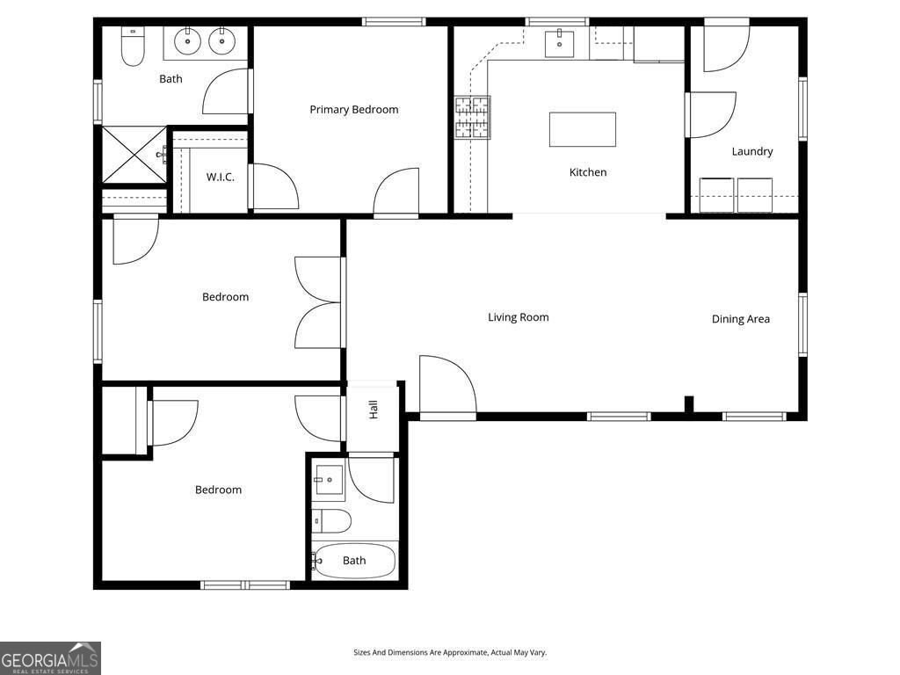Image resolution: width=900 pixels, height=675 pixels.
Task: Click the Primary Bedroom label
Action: pyautogui.click(x=353, y=110)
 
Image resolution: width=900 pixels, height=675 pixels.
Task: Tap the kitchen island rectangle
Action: pyautogui.click(x=582, y=129)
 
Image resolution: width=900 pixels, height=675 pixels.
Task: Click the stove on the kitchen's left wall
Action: pyautogui.click(x=472, y=118)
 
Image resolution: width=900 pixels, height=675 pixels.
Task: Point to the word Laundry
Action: pyautogui.click(x=752, y=151)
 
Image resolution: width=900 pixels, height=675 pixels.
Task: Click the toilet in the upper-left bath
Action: pyautogui.click(x=133, y=49)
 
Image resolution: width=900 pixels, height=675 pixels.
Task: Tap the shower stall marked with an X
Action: pyautogui.click(x=134, y=156)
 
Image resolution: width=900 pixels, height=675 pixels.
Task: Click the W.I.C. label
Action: pyautogui.click(x=220, y=178)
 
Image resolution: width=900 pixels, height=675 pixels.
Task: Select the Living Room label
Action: pyautogui.click(x=518, y=317)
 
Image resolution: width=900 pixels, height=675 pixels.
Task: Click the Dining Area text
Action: pyautogui.click(x=740, y=319)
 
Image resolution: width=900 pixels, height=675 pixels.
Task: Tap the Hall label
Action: pyautogui.click(x=373, y=409)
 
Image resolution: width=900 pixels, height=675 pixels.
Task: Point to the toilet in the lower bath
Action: pyautogui.click(x=332, y=521)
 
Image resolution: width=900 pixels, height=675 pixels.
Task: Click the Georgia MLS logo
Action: pyautogui.click(x=50, y=658)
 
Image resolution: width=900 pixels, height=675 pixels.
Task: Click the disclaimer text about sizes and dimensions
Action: pyautogui.click(x=449, y=652)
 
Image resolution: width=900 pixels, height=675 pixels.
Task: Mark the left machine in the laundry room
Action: pyautogui.click(x=716, y=195)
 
